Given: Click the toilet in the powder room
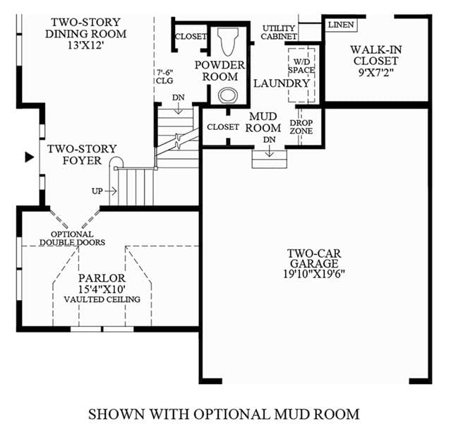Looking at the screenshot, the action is [x=228, y=41].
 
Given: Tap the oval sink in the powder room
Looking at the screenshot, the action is [x=228, y=95].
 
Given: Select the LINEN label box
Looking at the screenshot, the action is [x=341, y=25].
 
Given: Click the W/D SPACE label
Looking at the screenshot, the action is [x=301, y=66].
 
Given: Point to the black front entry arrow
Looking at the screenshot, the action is [x=30, y=157].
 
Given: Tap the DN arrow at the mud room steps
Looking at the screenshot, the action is [x=269, y=150].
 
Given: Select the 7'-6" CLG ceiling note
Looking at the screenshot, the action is [x=165, y=76].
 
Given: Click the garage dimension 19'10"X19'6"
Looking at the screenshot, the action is [x=314, y=274].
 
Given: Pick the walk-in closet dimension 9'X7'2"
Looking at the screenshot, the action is [x=375, y=72].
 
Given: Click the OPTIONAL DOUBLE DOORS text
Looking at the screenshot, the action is [x=72, y=239].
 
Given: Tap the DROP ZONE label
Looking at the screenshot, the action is [x=301, y=127].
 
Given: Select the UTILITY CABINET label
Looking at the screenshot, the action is [x=279, y=32].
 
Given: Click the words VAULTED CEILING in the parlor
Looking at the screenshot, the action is [x=102, y=299].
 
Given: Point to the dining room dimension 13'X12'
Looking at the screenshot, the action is [x=85, y=45].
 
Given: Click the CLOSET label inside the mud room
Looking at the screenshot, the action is [x=223, y=127].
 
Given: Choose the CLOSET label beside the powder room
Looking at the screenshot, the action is [x=191, y=37].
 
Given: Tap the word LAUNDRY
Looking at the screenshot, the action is [x=282, y=83].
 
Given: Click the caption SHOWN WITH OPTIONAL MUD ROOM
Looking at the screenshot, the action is [x=224, y=415].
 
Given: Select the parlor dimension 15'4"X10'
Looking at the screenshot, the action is [x=102, y=289].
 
